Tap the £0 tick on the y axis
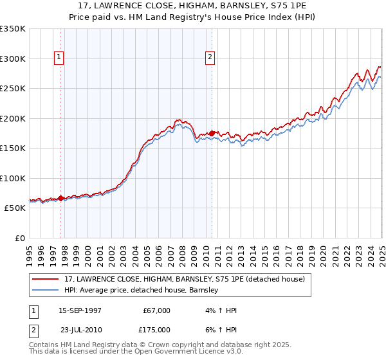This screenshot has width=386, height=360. click(x=21, y=238)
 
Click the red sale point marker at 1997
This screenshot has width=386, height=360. click(x=61, y=198)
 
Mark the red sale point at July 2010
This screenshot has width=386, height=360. click(x=212, y=134)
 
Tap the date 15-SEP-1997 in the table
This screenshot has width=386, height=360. click(x=80, y=310)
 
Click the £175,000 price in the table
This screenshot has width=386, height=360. click(x=156, y=329)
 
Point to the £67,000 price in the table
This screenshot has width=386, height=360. click(x=156, y=310)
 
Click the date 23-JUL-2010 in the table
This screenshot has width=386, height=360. click(x=80, y=329)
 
